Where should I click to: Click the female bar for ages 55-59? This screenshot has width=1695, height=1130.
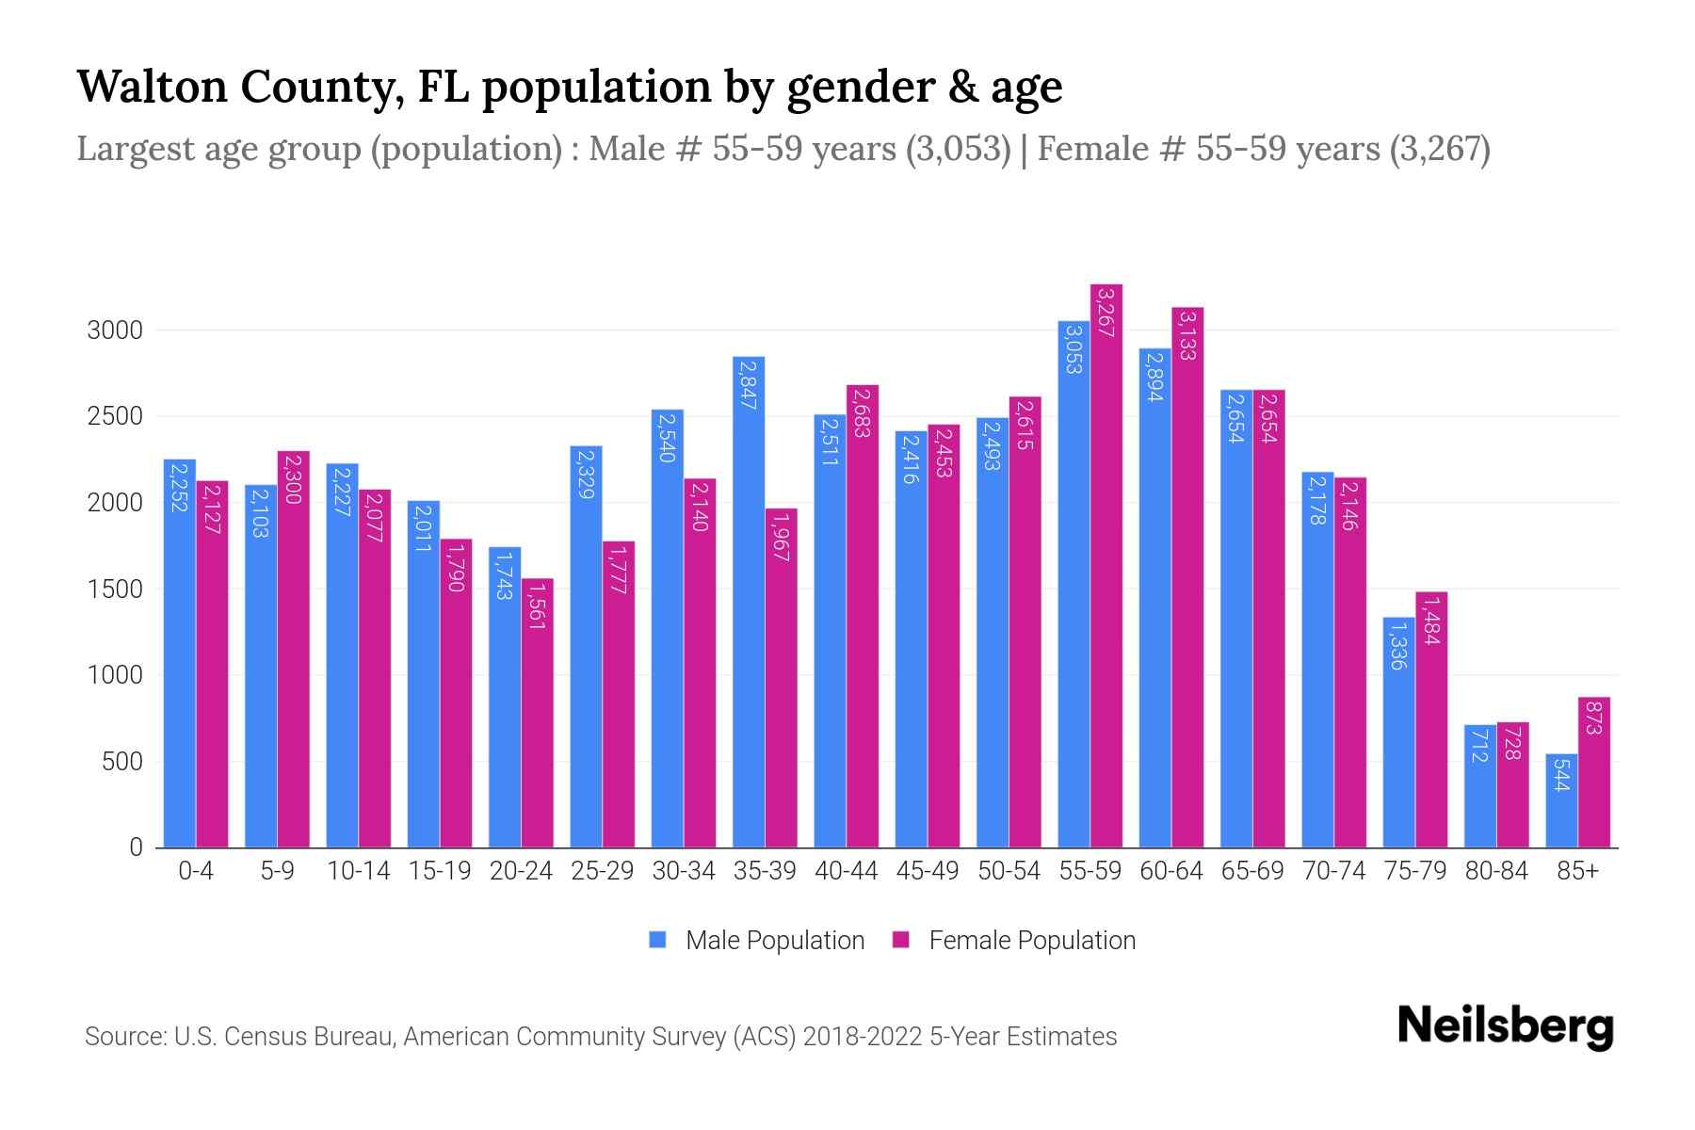point(1106,565)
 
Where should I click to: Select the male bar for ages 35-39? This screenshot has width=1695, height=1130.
point(749,603)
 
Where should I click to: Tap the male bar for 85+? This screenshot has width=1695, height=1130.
point(1561,800)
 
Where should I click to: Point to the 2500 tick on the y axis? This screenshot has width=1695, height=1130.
point(115,417)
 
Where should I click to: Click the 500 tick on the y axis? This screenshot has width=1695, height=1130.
point(122,762)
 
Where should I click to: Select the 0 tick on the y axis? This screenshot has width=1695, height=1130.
point(137,847)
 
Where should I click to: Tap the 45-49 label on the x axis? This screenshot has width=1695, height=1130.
point(927,871)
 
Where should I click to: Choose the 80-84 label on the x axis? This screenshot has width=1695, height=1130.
point(1496,871)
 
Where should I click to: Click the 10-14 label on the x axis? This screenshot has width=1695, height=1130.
point(358,871)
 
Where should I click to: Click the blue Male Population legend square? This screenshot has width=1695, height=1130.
point(657,940)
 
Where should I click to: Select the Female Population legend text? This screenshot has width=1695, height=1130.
point(1032,941)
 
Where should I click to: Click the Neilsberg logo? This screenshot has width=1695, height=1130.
point(1505,1026)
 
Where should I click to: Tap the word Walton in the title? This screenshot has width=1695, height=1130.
point(152,87)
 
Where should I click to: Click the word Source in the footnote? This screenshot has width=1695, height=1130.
point(123,1037)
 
